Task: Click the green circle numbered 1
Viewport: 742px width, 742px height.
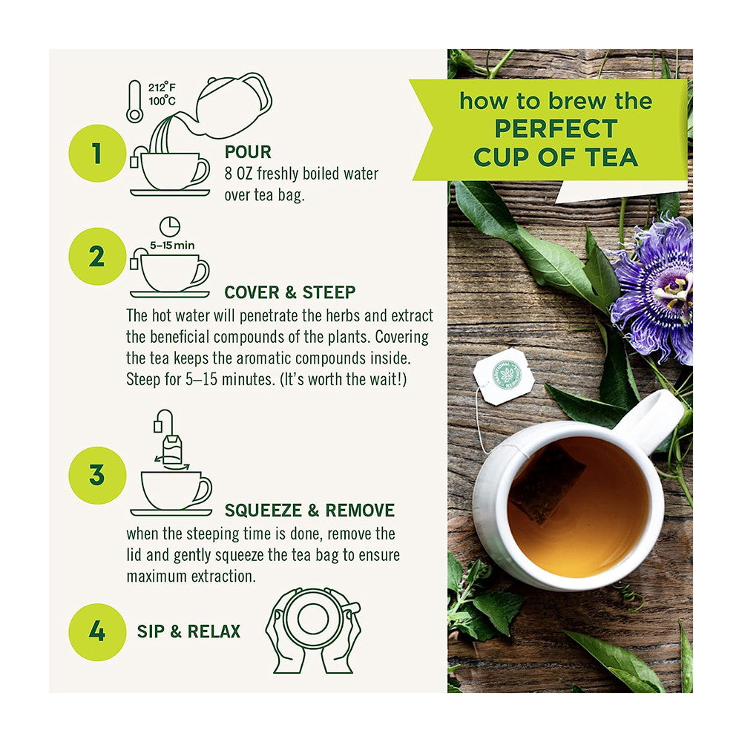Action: coord(97,154)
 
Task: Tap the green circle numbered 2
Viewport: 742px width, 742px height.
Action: coord(97,257)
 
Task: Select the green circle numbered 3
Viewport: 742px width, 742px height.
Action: coord(97,475)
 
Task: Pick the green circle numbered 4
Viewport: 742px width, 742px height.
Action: coord(97,631)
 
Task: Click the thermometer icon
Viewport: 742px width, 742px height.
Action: coord(134,101)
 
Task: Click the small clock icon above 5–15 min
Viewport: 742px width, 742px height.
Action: coord(169,226)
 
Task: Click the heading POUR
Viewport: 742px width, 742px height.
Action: coord(248,152)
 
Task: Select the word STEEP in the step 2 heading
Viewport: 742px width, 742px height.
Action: coord(329,292)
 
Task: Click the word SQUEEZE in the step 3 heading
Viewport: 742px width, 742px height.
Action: coord(263,510)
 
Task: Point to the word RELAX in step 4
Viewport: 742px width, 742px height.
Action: coord(214,631)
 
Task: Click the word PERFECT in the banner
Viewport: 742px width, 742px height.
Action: coord(556,128)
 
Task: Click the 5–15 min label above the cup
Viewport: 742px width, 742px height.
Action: coord(172,246)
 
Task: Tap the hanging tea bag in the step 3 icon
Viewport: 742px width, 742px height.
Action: coord(172,450)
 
